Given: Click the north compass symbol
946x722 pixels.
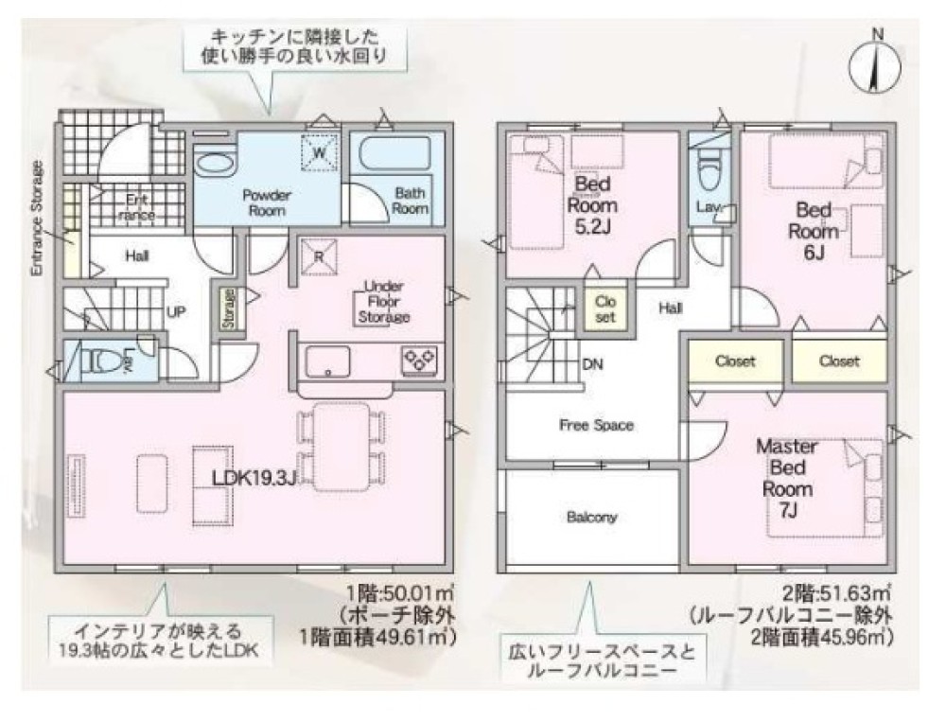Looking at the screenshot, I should coord(878,64).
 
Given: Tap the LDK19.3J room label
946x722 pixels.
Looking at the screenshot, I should coord(254,478).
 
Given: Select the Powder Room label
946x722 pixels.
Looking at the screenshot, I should coord(266,202).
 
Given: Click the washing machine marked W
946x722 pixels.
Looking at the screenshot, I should coord(320,152).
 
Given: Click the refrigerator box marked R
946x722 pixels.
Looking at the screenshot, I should coord(320,256).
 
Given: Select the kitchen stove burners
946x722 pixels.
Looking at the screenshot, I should coord(420,359).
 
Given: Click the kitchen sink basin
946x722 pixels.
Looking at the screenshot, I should coord(327,361).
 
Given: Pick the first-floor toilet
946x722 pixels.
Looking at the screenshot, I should coord(105,361).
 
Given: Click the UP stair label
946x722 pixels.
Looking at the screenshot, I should coord(175,310).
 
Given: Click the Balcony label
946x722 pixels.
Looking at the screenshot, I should coord(592,518).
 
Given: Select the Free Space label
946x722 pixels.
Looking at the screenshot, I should coord(595,425).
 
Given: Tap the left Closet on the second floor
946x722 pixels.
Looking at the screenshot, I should coord(735,361).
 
